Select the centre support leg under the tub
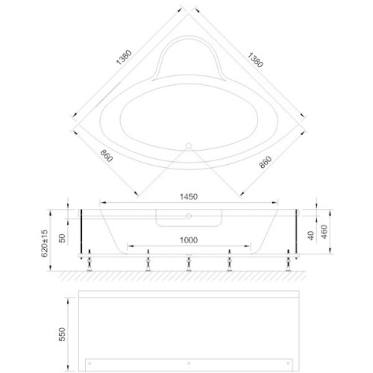coord(188,263)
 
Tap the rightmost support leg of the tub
coord(286,263)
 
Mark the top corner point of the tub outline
coord(188,9)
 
